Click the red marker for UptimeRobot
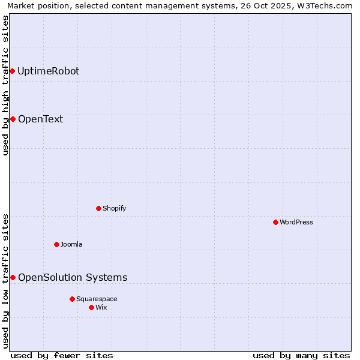pos(12,71)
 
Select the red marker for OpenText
pos(13,119)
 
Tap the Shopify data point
pos(99,208)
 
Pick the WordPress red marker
pos(275,222)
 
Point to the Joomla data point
pos(56,244)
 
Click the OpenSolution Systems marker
pos(13,277)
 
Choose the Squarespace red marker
pos(72,299)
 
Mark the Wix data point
pos(91,307)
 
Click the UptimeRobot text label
pos(48,71)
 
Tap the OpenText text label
pos(40,119)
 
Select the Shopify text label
pos(114,208)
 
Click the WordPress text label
pos(296,222)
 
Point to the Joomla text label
pos(71,244)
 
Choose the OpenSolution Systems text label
pos(73,277)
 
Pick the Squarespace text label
pos(97,299)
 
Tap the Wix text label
pos(101,307)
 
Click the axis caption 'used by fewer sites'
pos(62,355)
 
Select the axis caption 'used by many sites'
pos(301,355)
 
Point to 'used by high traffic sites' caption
pos(5,85)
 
